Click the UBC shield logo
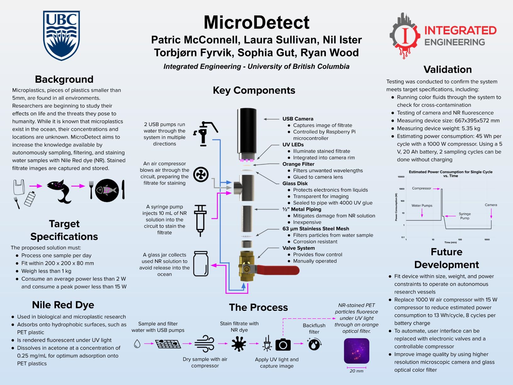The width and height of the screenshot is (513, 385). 61,35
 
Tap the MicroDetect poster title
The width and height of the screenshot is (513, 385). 256,22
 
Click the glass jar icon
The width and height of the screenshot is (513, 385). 201,264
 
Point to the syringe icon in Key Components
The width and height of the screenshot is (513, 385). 200,220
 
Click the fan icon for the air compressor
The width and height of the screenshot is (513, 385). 201,175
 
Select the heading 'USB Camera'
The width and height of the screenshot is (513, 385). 298,119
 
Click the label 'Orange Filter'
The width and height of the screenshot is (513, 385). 298,164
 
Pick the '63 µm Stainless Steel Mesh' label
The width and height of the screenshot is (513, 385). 316,229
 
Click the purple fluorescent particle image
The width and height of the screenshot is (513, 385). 356,351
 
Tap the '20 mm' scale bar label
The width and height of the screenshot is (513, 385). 356,371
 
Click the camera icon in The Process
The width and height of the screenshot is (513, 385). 283,345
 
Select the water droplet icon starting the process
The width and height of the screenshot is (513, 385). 137,344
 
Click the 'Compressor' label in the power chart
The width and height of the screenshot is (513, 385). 422,188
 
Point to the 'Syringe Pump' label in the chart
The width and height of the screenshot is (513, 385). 465,216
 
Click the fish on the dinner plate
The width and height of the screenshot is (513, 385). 107,190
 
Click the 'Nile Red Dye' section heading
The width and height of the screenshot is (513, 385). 63,305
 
